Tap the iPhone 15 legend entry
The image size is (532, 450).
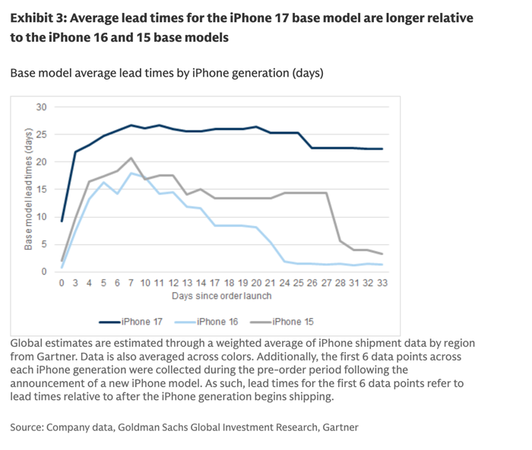pyautogui.click(x=293, y=322)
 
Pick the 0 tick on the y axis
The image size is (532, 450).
pyautogui.click(x=43, y=272)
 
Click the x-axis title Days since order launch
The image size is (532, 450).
pyautogui.click(x=221, y=295)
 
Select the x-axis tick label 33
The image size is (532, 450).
pyautogui.click(x=382, y=282)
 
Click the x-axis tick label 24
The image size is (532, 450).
pyautogui.click(x=285, y=282)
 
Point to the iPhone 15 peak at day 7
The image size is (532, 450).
pyautogui.click(x=131, y=158)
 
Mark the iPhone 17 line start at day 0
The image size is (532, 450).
pyautogui.click(x=62, y=221)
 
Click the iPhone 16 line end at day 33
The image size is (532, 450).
pyautogui.click(x=382, y=265)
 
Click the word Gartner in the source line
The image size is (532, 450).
pyautogui.click(x=339, y=427)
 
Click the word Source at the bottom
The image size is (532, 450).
pyautogui.click(x=26, y=427)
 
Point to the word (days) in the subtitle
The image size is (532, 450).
pyautogui.click(x=306, y=74)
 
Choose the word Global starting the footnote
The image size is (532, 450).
pyautogui.click(x=28, y=344)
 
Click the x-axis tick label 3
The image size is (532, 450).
pyautogui.click(x=75, y=282)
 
